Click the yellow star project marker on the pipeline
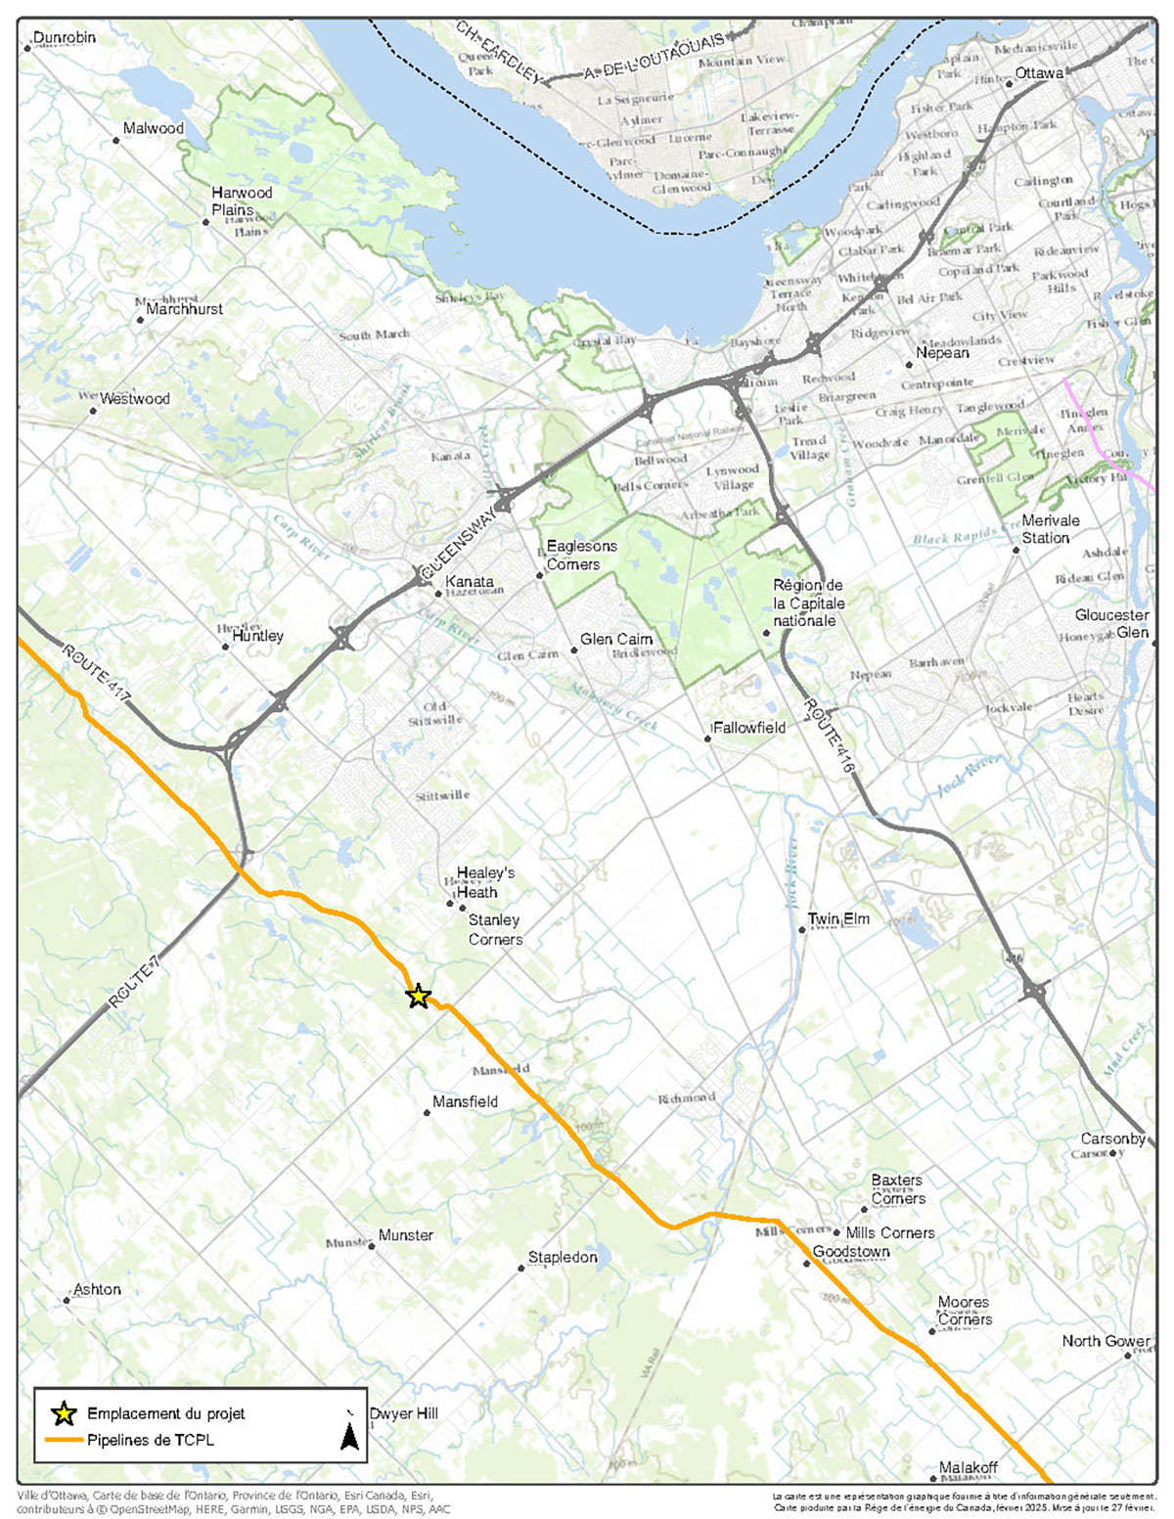coord(418,997)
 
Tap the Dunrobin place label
coord(64,37)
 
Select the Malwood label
coord(153,128)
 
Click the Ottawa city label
coord(1038,73)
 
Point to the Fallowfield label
coord(749,728)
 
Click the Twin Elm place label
coord(837,918)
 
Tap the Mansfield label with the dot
coord(465,1101)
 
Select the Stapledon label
coord(563,1257)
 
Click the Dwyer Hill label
coord(403,1413)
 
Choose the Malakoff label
coord(968,1467)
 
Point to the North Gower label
coord(1106,1341)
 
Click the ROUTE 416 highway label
coord(829,737)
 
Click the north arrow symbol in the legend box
coord(349,1435)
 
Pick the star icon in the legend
coord(64,1413)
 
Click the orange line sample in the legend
coord(64,1440)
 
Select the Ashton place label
coord(97,1289)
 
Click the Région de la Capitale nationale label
coord(808,603)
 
